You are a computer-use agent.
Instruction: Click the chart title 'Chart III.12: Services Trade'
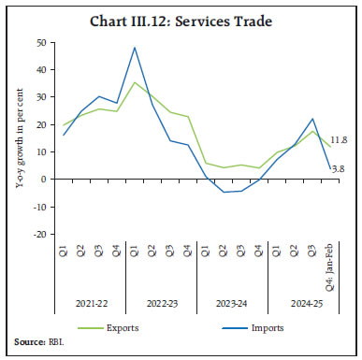(181, 19)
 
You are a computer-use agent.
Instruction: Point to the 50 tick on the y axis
(40, 43)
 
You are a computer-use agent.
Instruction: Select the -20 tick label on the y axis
(38, 234)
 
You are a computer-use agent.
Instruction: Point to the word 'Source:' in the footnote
(27, 345)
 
